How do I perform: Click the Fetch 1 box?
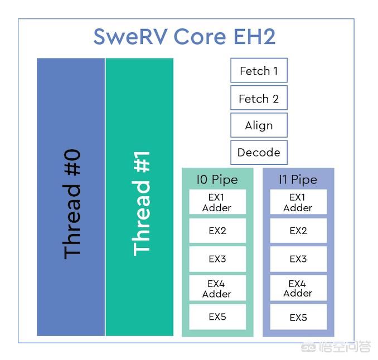point(259,70)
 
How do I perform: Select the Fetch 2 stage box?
point(259,98)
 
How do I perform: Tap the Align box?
point(259,125)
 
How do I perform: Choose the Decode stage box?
point(259,153)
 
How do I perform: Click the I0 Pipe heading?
point(217,180)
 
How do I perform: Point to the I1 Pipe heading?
point(298,180)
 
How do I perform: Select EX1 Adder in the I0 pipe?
point(217,202)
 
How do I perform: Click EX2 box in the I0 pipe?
point(217,231)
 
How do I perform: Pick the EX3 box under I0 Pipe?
point(217,259)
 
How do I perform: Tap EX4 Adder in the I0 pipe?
point(217,288)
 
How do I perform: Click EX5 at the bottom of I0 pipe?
point(217,317)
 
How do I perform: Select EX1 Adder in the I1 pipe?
point(298,202)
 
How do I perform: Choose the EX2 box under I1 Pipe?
point(298,231)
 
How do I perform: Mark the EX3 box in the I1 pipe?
point(298,259)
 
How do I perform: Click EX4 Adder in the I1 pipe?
point(298,288)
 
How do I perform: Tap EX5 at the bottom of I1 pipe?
point(298,317)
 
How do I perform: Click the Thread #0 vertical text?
point(71,204)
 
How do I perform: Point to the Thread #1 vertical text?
point(142,203)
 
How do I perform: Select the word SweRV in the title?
point(130,37)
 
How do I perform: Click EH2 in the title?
point(255,37)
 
